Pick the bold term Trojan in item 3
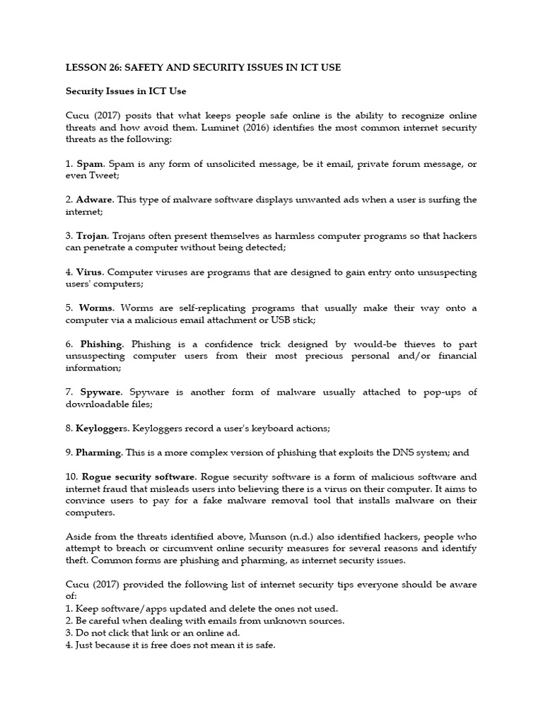pyautogui.click(x=92, y=235)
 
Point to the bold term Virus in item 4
pyautogui.click(x=90, y=272)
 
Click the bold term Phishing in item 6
pyautogui.click(x=101, y=344)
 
